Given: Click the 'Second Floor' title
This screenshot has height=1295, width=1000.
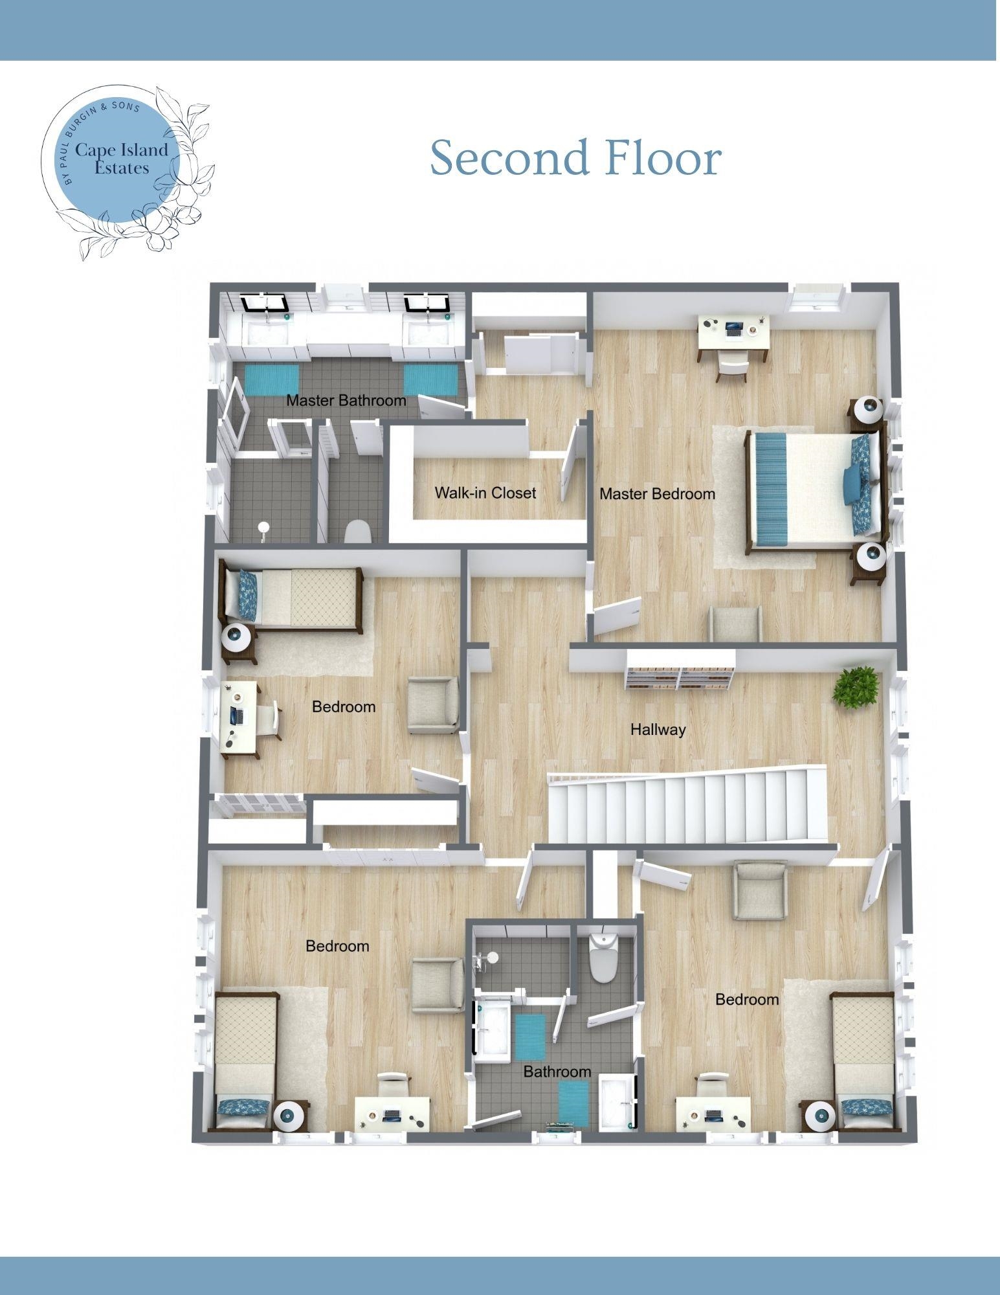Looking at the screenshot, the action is click(575, 157).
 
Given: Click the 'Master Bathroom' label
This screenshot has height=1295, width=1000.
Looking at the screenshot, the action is click(346, 400).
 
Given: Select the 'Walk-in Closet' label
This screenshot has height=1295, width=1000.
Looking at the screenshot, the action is click(485, 493).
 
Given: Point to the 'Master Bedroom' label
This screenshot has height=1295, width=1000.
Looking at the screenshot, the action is click(657, 494).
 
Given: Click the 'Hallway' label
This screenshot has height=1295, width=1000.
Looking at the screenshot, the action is click(658, 730).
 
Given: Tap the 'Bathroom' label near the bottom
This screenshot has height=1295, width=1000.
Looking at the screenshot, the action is click(557, 1072).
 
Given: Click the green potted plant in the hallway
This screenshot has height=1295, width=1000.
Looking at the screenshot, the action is click(856, 688).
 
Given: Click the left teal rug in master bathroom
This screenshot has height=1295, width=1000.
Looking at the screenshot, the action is click(272, 380).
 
